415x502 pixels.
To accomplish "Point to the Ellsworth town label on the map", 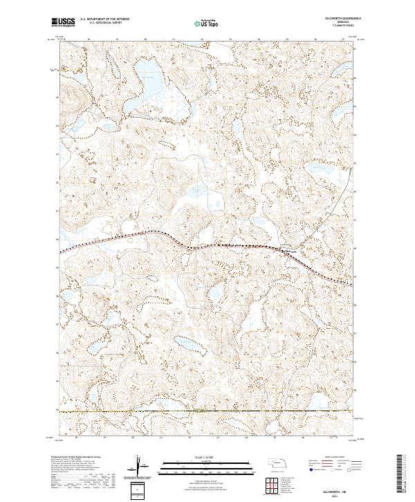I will click(290, 250).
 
